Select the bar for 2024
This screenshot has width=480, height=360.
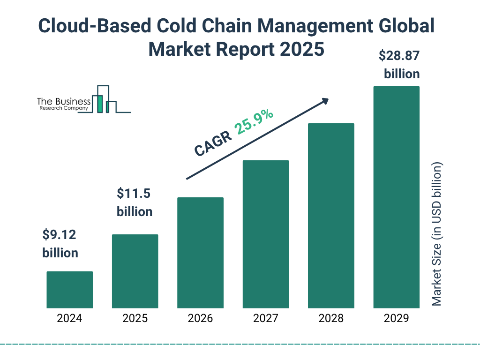tap(69, 290)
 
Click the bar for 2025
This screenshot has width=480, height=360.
tap(135, 271)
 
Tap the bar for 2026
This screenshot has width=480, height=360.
tap(200, 253)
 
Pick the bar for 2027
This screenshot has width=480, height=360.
tap(265, 234)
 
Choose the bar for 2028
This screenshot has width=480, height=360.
tap(330, 216)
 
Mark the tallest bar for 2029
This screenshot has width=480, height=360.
tap(396, 197)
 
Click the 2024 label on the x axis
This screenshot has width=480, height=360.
tap(69, 319)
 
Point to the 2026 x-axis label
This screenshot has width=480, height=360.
tap(200, 319)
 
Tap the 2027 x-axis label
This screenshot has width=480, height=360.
tap(265, 319)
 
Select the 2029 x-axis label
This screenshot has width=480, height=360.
tap(396, 319)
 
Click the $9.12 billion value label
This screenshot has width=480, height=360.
tap(60, 243)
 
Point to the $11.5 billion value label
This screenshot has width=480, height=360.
tap(135, 202)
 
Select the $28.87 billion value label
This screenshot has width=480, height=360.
tap(399, 65)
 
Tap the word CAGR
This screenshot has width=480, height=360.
tap(213, 143)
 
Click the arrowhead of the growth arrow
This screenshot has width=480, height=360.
tap(325, 101)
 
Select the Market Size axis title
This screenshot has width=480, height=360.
tap(437, 234)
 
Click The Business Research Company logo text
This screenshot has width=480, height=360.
tap(64, 105)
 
